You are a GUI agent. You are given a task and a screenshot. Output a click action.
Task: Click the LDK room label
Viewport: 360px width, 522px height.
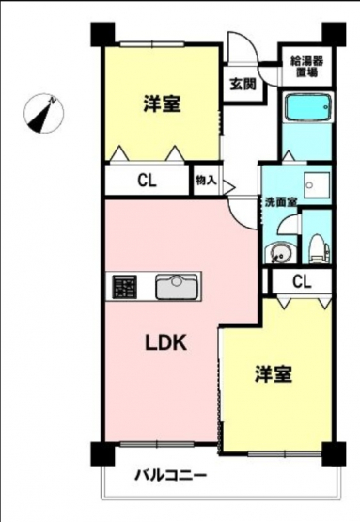coord(165,343)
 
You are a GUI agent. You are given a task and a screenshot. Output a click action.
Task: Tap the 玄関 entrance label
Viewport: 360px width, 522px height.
coord(243,85)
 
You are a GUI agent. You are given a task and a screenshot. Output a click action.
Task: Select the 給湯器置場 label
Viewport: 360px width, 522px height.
coord(307,67)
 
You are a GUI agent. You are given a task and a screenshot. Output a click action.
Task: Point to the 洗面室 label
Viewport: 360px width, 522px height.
coord(280,202)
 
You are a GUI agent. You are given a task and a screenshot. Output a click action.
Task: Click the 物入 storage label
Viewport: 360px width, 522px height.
coord(206,181)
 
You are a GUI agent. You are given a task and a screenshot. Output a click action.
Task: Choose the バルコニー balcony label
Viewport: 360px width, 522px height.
coord(170,475)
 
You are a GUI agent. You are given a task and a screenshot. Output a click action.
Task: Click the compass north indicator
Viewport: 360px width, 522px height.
coord(43,113)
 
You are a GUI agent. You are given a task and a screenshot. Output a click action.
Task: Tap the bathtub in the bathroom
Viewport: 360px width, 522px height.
coord(308,107)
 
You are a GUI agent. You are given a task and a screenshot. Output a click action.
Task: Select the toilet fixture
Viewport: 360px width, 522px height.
coord(319,248)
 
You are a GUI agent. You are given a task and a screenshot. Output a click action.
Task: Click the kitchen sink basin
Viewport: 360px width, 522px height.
coord(177,286)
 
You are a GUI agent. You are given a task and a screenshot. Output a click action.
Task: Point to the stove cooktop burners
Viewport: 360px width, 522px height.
coord(124,287)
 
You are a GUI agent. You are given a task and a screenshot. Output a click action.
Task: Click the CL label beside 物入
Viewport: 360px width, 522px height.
coord(147,181)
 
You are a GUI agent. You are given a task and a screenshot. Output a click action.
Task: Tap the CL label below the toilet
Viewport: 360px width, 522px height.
coord(302,281)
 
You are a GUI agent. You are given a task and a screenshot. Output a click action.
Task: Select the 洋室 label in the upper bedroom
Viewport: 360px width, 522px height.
coord(162,103)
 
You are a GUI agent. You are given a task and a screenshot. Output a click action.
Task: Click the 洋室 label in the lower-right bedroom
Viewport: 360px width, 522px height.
coord(274,374)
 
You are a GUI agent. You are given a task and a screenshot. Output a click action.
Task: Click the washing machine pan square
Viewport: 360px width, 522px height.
coord(317,185)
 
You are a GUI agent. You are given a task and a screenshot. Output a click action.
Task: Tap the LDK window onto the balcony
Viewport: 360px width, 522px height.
coord(157,443)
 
